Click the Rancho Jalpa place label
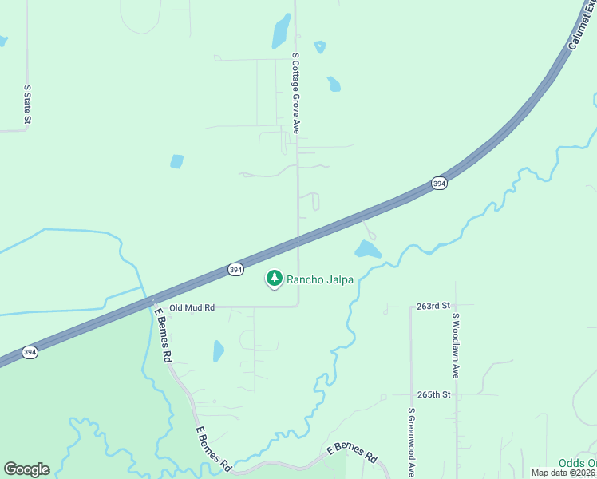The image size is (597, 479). (320, 279)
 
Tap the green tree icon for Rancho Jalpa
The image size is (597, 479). (275, 278)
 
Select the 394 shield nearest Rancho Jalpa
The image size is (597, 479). (235, 270)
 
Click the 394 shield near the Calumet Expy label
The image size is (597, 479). (439, 184)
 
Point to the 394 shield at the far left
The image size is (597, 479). (30, 352)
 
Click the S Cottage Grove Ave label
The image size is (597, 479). (295, 93)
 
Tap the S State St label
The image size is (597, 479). (27, 105)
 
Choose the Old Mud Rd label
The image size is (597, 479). (192, 307)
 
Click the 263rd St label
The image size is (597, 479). (433, 306)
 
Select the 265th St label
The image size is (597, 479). (433, 394)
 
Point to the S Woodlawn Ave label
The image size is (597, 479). (456, 345)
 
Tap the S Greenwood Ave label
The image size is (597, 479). (411, 442)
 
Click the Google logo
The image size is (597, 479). (26, 469)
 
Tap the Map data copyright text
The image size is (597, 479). (563, 473)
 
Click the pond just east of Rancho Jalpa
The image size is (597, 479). (367, 250)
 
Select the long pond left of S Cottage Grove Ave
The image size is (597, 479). (281, 31)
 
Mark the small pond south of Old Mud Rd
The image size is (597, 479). (219, 350)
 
